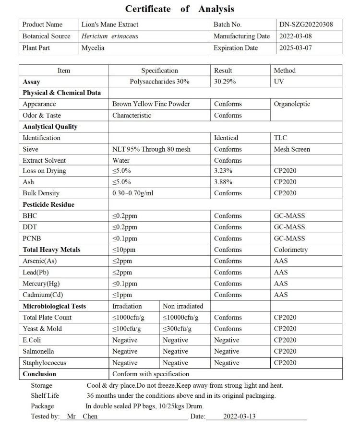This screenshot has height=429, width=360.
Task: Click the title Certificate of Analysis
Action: (x=180, y=9)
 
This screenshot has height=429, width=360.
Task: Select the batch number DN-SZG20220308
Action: (x=306, y=24)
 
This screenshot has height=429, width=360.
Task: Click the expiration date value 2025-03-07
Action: (x=296, y=48)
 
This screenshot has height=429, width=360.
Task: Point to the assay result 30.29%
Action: (x=225, y=82)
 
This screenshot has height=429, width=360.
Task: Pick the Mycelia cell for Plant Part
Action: (x=93, y=48)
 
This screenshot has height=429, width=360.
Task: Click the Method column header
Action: (x=285, y=71)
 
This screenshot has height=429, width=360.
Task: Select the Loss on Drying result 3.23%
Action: (x=223, y=171)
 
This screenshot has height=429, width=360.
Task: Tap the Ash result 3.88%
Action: (x=223, y=182)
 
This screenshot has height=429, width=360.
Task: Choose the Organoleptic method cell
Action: (x=292, y=104)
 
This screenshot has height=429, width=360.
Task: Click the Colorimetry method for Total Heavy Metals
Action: (x=291, y=250)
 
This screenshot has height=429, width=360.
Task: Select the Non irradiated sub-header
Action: (x=183, y=306)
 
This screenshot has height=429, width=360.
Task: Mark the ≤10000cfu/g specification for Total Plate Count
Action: (x=180, y=317)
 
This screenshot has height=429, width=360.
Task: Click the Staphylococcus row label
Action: (x=45, y=363)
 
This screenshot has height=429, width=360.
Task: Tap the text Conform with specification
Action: (x=151, y=374)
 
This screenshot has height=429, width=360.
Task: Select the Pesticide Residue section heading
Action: (x=48, y=204)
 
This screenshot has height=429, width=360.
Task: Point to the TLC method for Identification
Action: (x=280, y=138)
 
